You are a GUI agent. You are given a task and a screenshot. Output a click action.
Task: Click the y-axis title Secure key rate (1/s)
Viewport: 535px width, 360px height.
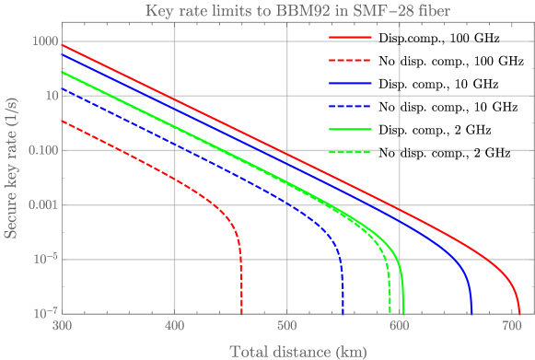click(x=11, y=175)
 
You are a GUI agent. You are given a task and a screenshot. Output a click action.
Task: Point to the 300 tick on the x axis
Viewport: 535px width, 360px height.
click(x=61, y=326)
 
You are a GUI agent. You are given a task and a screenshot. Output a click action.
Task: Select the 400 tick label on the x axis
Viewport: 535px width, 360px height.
click(x=174, y=326)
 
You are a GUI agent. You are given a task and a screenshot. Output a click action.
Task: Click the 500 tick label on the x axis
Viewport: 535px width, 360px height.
click(x=287, y=326)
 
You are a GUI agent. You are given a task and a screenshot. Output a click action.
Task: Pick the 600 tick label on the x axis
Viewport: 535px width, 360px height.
click(x=401, y=326)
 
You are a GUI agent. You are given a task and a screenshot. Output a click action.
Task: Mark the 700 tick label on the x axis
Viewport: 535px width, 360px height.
click(x=513, y=326)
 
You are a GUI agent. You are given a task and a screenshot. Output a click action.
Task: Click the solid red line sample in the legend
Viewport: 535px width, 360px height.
click(x=350, y=40)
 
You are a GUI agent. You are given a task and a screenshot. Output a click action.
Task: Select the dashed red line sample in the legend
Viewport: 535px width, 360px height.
click(x=350, y=62)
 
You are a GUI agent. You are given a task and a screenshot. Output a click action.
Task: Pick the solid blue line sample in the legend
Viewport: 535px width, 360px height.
click(x=350, y=84)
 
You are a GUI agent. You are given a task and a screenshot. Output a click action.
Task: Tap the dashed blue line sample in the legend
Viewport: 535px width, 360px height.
click(x=350, y=106)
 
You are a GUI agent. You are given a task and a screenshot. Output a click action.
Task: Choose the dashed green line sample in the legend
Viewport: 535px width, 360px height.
click(x=350, y=150)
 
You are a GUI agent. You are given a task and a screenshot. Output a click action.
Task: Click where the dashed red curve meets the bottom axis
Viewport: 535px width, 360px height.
click(x=241, y=312)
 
